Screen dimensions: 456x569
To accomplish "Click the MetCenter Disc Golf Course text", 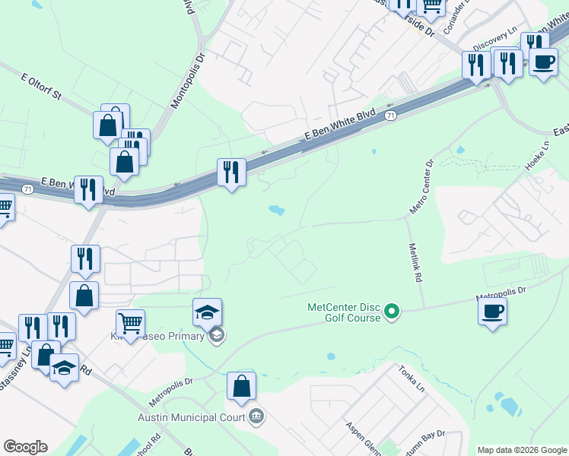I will [x=344, y=312].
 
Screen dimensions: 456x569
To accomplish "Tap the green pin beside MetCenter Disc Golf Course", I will [x=392, y=311].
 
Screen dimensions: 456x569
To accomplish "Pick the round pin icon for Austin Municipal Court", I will [x=256, y=416].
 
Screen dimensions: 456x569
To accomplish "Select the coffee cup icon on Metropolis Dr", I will [x=492, y=310].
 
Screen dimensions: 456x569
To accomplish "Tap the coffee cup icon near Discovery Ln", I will [x=543, y=62].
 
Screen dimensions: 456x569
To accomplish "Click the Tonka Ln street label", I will [x=410, y=378].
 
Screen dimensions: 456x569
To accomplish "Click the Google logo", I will [x=25, y=447].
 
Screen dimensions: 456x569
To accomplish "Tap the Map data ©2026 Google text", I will [x=521, y=450].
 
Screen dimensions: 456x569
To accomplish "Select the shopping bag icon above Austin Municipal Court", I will [x=241, y=385].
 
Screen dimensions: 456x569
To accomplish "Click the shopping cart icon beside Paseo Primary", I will [x=130, y=323].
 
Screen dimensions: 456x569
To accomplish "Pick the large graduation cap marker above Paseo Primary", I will [x=207, y=312].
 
